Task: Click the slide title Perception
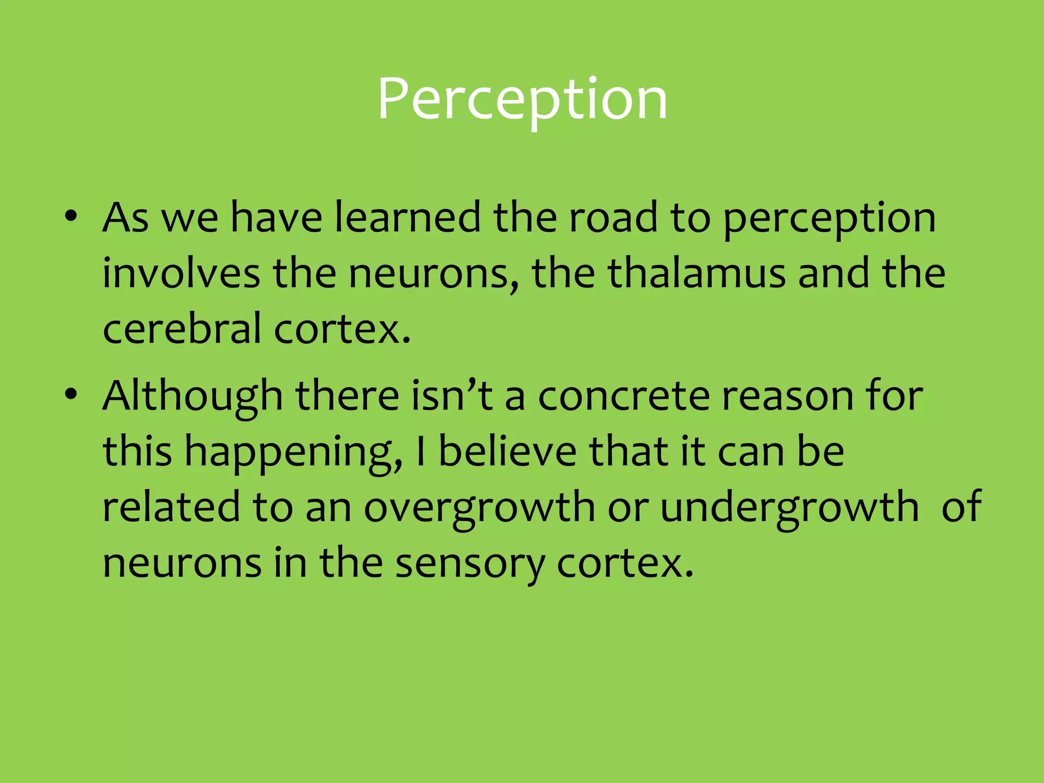[x=522, y=99]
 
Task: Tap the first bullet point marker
[x=71, y=216]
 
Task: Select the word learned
[x=407, y=217]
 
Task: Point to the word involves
[x=181, y=273]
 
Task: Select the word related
[x=171, y=507]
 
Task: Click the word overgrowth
[x=479, y=508]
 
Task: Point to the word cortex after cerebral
[x=342, y=328]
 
